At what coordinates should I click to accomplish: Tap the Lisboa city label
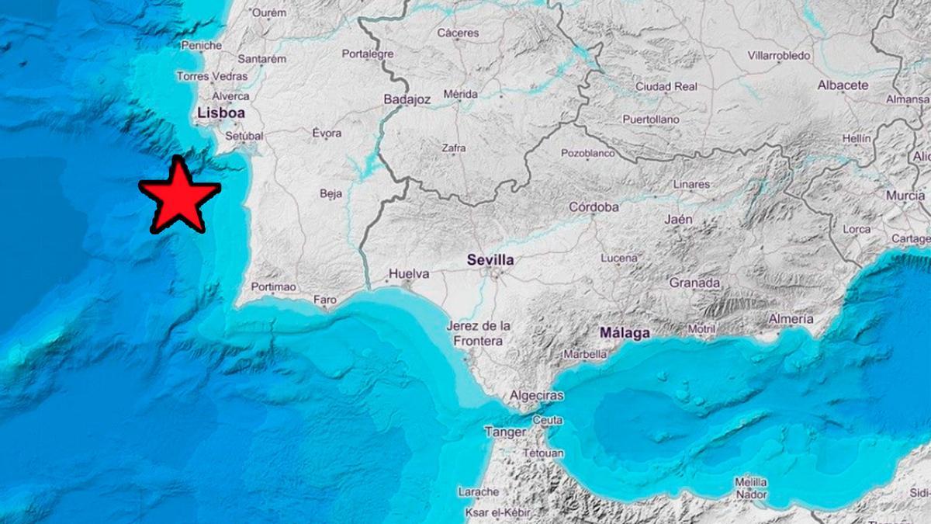tap(221, 113)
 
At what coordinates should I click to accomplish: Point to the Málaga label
tap(625, 333)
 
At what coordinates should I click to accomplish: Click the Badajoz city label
tap(407, 100)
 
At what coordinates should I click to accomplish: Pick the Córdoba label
tap(594, 207)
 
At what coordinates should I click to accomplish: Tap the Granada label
tap(694, 283)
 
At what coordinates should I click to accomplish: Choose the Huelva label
tap(408, 273)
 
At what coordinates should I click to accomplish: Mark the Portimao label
tap(274, 287)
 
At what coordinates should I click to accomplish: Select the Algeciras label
tap(536, 396)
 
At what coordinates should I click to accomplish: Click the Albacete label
tap(843, 85)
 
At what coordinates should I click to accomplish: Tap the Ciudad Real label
tap(666, 87)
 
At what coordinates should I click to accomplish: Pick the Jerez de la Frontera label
tap(478, 333)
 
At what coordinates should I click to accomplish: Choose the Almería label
tap(791, 319)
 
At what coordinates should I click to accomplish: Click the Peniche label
tap(202, 46)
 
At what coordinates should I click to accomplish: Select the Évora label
tap(327, 134)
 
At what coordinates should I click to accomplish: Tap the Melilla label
tap(750, 482)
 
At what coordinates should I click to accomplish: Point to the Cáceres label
tap(458, 33)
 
